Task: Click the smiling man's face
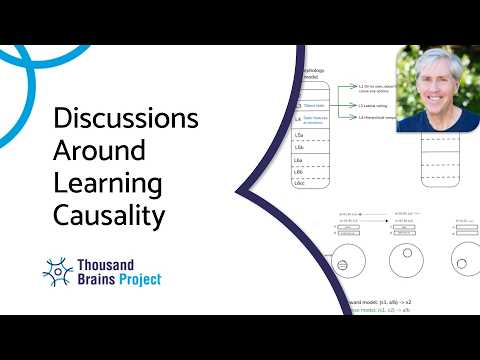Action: tap(431, 96)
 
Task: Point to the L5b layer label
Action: tap(299, 146)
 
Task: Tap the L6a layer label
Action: tap(299, 160)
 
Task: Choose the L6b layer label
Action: tap(299, 172)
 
